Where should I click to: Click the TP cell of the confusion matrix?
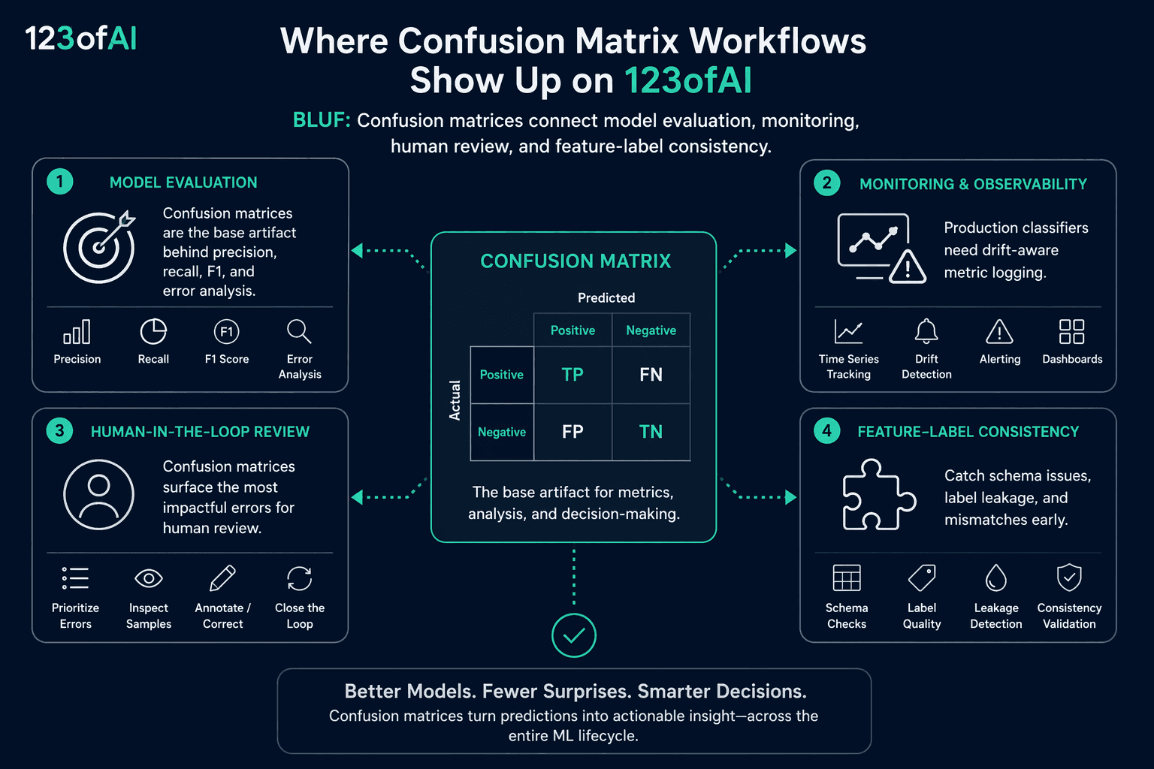pyautogui.click(x=573, y=375)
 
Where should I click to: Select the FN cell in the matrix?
pyautogui.click(x=651, y=375)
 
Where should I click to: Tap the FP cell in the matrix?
pyautogui.click(x=573, y=432)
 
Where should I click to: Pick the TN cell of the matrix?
pyautogui.click(x=651, y=432)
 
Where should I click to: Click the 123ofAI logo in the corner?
pyautogui.click(x=81, y=38)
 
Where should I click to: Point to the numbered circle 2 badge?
pyautogui.click(x=827, y=182)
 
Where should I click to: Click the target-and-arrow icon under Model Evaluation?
pyautogui.click(x=99, y=247)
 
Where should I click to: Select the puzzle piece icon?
pyautogui.click(x=879, y=494)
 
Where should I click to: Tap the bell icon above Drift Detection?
pyautogui.click(x=926, y=330)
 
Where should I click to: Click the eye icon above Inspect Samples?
pyautogui.click(x=148, y=578)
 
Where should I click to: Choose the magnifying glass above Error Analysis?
pyautogui.click(x=299, y=331)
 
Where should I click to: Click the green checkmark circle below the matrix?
pyautogui.click(x=573, y=635)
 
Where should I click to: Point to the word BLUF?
pyautogui.click(x=322, y=120)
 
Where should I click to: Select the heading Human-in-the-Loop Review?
pyautogui.click(x=200, y=432)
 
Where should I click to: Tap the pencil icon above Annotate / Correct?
pyautogui.click(x=222, y=578)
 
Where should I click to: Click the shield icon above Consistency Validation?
pyautogui.click(x=1069, y=578)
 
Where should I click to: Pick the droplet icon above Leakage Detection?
pyautogui.click(x=995, y=578)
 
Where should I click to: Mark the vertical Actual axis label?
pyautogui.click(x=455, y=400)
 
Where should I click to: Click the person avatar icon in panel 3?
pyautogui.click(x=99, y=494)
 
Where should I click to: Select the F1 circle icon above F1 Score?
pyautogui.click(x=227, y=331)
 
